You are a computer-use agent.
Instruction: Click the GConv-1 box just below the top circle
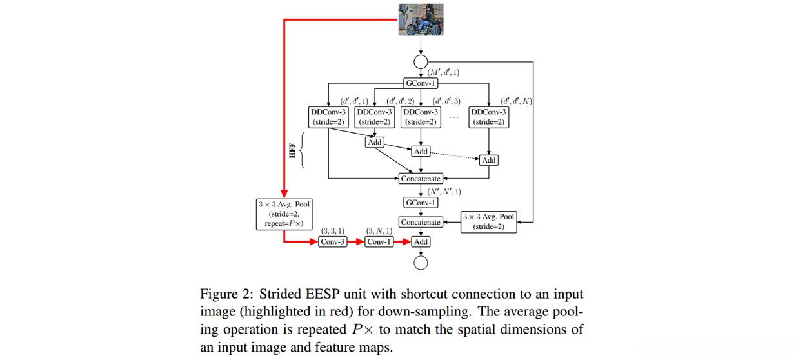pyautogui.click(x=421, y=83)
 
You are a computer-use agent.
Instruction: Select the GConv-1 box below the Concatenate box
pyautogui.click(x=421, y=203)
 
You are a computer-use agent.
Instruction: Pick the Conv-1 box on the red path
pyautogui.click(x=379, y=242)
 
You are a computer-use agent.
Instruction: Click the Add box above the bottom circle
pyautogui.click(x=421, y=242)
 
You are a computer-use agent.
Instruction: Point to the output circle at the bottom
pyautogui.click(x=421, y=262)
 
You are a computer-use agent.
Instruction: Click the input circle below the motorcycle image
pyautogui.click(x=421, y=62)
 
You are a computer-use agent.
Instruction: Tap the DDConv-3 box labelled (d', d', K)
pyautogui.click(x=489, y=116)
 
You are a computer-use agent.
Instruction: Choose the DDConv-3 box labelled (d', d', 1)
pyautogui.click(x=328, y=116)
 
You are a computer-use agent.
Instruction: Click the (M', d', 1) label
pyautogui.click(x=444, y=72)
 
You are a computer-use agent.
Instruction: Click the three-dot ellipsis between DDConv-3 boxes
pyautogui.click(x=454, y=117)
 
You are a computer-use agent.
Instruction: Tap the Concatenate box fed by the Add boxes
pyautogui.click(x=421, y=179)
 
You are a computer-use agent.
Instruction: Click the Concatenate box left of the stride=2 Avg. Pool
pyautogui.click(x=421, y=222)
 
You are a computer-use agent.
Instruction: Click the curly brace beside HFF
pyautogui.click(x=304, y=152)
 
